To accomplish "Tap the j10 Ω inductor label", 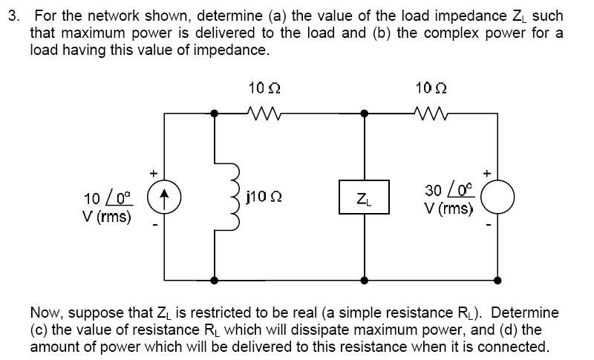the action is (264, 197).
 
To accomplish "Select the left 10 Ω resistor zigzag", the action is (264, 113).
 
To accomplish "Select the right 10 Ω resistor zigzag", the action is (431, 113).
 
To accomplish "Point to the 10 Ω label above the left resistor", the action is (264, 88).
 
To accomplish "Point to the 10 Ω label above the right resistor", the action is (431, 88).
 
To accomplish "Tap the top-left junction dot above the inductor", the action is (214, 113).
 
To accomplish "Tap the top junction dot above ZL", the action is (364, 113).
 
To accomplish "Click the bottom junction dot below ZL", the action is (364, 281).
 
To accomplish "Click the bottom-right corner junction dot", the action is (497, 281).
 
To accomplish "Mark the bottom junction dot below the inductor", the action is (214, 281).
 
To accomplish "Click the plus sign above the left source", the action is (153, 174).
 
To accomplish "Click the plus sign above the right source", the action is (487, 174).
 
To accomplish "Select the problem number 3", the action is (13, 16).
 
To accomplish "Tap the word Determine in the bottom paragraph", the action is (525, 312).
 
